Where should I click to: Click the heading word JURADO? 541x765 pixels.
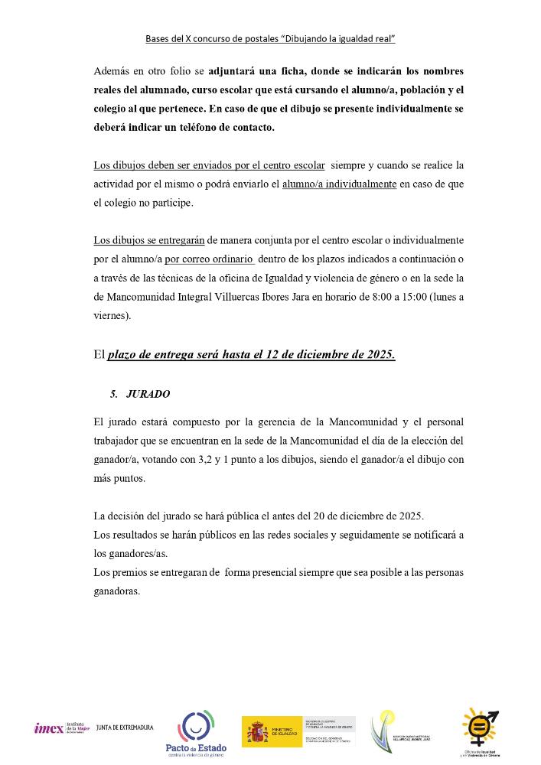pyautogui.click(x=148, y=394)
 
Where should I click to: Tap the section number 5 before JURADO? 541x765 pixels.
pyautogui.click(x=113, y=394)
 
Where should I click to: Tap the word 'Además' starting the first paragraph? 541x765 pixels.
pyautogui.click(x=112, y=71)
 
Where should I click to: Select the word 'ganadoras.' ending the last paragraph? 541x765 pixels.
pyautogui.click(x=116, y=591)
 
